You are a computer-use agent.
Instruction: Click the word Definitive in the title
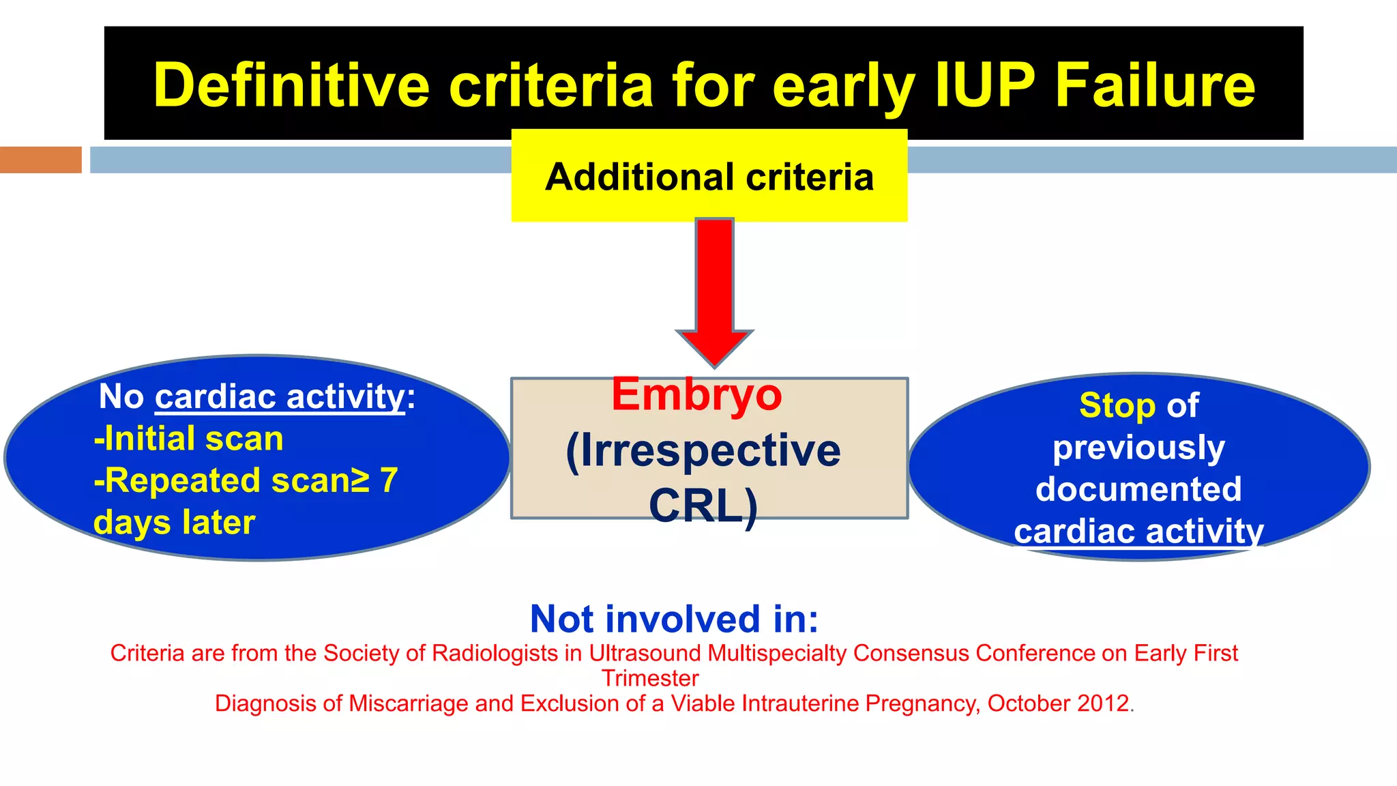(291, 86)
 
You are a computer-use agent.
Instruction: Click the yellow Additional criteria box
(709, 176)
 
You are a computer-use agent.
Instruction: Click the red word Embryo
(696, 395)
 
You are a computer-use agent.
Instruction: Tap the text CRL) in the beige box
(703, 506)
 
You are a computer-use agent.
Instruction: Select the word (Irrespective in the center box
(703, 450)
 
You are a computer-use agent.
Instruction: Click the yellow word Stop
(1117, 406)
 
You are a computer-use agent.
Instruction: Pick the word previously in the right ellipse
(1138, 448)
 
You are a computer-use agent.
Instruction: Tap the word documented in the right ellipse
(1138, 489)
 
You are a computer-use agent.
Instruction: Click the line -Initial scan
(189, 439)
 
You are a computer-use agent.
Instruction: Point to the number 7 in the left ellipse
(389, 480)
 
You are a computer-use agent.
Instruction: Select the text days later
(175, 523)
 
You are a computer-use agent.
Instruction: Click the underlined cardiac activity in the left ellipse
(280, 397)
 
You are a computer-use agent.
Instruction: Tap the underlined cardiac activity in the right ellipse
(1138, 532)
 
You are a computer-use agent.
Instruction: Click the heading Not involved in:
(674, 619)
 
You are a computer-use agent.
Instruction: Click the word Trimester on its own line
(650, 678)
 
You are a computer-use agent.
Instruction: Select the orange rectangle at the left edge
(40, 160)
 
